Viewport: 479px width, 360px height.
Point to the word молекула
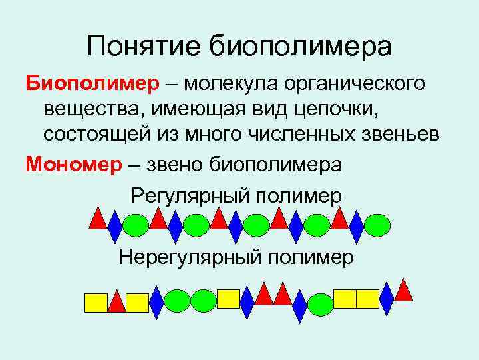pyautogui.click(x=232, y=84)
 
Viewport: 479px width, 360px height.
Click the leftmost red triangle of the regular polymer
pyautogui.click(x=98, y=219)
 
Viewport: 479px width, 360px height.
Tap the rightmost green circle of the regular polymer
pyautogui.click(x=377, y=225)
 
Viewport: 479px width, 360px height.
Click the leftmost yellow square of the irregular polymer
pyautogui.click(x=96, y=303)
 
